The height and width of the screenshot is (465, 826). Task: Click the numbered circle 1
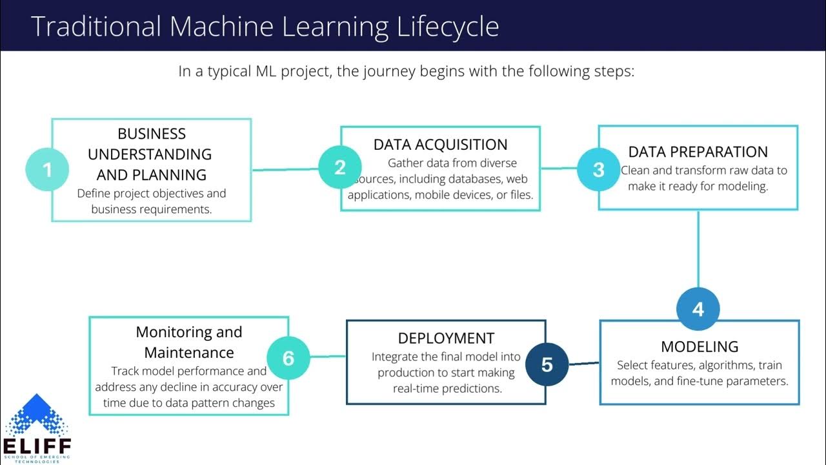46,170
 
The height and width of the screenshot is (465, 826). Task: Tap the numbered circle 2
340,168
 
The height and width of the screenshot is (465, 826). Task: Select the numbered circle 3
598,169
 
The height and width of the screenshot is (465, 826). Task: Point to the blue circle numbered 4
698,309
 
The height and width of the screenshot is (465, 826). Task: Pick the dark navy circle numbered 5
547,364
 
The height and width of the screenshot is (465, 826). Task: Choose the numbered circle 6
288,358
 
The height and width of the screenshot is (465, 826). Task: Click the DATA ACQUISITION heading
440,145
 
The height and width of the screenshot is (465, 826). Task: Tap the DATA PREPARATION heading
698,152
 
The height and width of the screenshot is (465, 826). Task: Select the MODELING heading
700,347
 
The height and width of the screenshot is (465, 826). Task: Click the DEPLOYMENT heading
446,338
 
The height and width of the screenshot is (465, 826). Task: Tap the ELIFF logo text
37,446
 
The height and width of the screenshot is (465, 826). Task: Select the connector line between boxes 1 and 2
285,170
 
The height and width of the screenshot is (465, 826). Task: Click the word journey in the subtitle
390,71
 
